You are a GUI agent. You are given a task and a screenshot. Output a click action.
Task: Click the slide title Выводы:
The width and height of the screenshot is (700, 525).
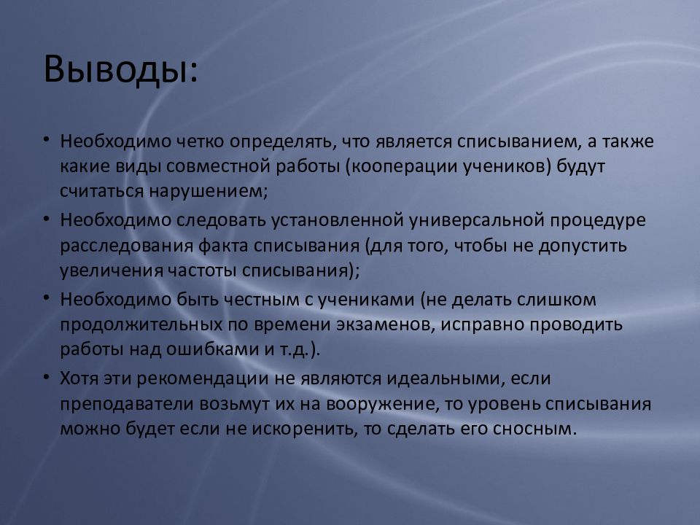coord(120,69)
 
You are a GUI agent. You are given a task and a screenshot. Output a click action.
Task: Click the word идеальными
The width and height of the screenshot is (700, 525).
coord(446,378)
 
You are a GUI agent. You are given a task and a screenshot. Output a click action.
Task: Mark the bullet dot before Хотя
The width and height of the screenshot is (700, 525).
coord(46,377)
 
